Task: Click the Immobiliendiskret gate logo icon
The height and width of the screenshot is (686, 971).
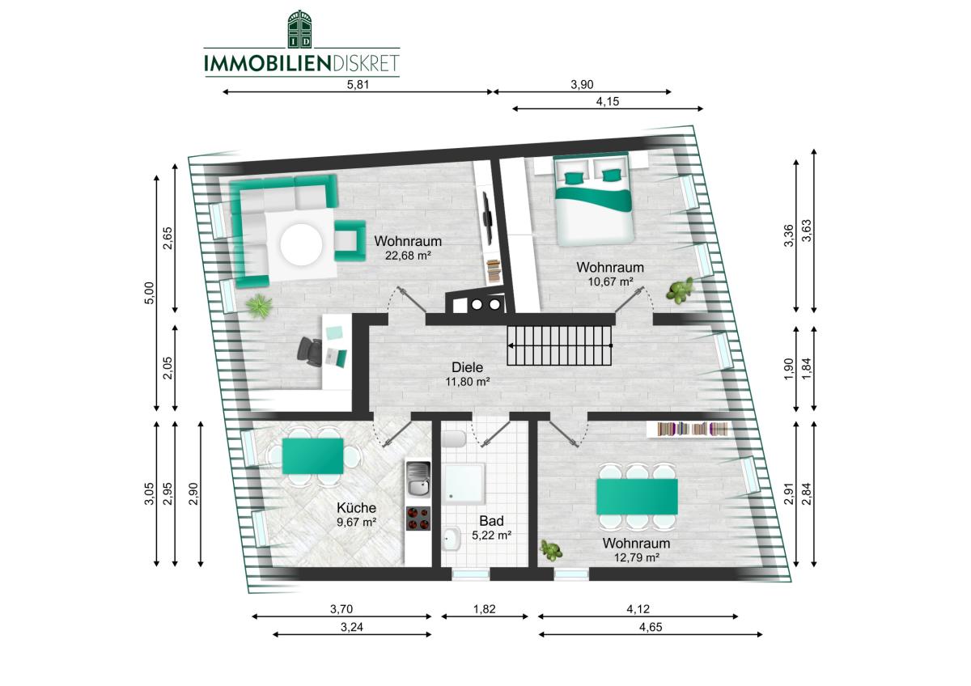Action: [300, 29]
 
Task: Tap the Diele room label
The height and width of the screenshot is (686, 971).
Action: [468, 367]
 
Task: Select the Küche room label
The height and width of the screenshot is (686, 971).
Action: [356, 507]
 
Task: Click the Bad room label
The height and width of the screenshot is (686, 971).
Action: [491, 520]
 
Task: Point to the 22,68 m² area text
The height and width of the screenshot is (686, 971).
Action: [408, 256]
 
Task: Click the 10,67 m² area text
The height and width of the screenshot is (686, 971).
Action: [610, 282]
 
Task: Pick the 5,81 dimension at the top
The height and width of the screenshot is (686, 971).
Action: [358, 84]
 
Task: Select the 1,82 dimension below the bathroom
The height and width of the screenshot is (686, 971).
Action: [484, 609]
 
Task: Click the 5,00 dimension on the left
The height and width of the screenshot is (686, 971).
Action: [149, 293]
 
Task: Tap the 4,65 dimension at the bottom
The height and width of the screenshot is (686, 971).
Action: [651, 628]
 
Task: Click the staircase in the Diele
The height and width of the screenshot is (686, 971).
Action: [559, 345]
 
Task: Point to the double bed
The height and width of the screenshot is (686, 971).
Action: [593, 199]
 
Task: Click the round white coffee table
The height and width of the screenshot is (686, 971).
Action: [301, 244]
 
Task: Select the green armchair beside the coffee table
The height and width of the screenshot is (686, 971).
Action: [350, 240]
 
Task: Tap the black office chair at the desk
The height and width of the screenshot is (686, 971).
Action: [309, 352]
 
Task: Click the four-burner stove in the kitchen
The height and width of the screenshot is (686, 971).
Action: [418, 519]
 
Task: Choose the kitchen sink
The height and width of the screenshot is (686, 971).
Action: [418, 479]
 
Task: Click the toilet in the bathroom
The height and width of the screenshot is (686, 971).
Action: [453, 440]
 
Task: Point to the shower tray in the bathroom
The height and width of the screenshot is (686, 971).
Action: [464, 485]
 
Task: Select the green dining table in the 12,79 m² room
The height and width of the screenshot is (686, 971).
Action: [637, 496]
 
